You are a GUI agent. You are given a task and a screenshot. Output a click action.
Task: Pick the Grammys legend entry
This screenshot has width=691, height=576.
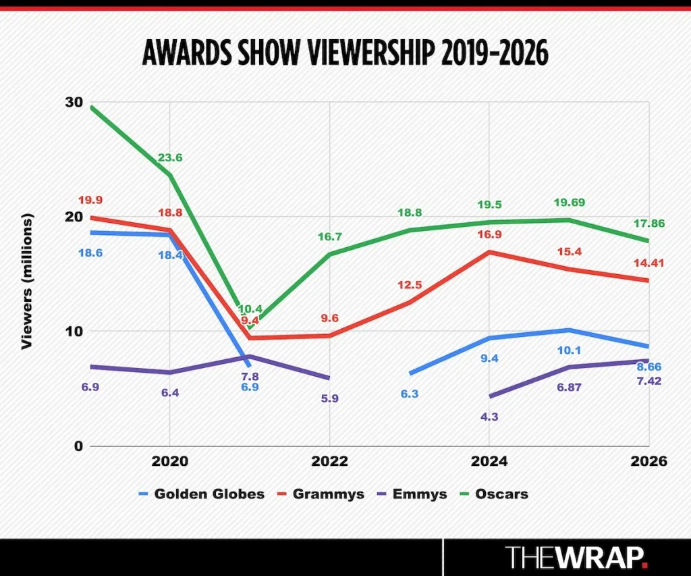tap(321, 494)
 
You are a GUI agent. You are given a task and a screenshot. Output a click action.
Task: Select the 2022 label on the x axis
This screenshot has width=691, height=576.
tap(329, 462)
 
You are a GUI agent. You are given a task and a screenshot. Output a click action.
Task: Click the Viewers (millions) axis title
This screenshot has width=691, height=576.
tap(27, 282)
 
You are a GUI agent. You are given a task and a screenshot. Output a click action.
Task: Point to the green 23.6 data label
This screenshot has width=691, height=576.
tap(170, 157)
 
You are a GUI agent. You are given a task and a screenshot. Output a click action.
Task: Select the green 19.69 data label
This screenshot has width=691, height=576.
tap(568, 202)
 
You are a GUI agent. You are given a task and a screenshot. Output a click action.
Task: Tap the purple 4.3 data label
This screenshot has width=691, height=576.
tap(489, 417)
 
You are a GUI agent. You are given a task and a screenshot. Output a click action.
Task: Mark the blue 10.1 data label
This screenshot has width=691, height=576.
tap(569, 350)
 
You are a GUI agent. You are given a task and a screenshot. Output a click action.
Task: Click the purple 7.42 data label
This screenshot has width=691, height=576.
tap(648, 380)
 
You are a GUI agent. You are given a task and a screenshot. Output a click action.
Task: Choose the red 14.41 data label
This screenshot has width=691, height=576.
tap(648, 263)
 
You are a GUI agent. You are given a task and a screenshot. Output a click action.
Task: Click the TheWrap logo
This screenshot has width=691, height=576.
tap(577, 557)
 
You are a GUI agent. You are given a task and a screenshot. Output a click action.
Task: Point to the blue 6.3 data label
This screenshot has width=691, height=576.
tap(409, 393)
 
